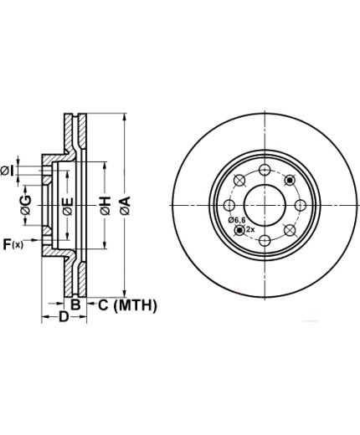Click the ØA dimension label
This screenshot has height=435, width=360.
[126, 206]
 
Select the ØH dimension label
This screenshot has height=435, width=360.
[105, 206]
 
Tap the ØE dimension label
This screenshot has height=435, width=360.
[68, 207]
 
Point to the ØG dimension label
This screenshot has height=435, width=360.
[26, 205]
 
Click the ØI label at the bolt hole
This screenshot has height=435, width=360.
[7, 171]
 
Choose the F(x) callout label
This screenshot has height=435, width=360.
[13, 244]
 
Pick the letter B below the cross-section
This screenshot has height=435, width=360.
[75, 304]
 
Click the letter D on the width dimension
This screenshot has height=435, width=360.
[64, 316]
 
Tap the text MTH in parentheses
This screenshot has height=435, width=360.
[136, 305]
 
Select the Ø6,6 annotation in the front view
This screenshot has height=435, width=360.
[236, 220]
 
